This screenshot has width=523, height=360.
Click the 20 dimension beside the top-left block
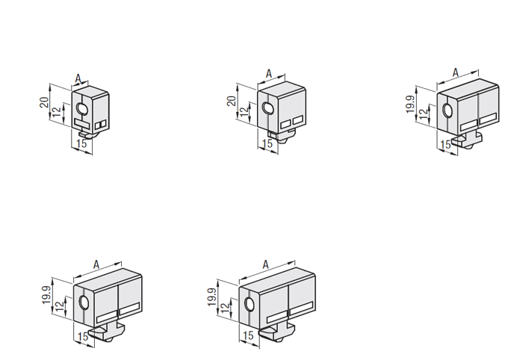pos(44,102)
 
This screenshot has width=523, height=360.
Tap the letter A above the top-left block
pos(78,78)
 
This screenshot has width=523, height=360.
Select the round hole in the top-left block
pos(81,108)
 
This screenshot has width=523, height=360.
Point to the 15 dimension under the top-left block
pos(81,143)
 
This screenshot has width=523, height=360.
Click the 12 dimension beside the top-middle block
pos(244,111)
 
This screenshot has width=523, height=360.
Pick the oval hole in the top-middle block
pos(267,108)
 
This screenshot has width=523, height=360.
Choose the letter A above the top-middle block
pos(269,74)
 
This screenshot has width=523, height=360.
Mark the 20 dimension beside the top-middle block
pos(232,101)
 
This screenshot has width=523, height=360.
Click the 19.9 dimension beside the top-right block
pos(411,104)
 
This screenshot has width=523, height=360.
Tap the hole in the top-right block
pos(447,111)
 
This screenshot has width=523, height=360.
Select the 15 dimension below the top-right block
pos(445,145)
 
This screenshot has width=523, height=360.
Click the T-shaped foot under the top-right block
pos(467,140)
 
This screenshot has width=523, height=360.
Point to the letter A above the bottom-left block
pos(96,264)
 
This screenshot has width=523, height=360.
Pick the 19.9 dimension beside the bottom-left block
pos(46,295)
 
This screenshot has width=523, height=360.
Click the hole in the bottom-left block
pos(84,302)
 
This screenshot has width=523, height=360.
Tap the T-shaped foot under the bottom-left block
pos(107,332)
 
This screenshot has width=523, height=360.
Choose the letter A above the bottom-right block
pos(265,264)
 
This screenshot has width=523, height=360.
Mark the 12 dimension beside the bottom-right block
pos(226,307)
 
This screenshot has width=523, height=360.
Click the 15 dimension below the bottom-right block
pos(248,335)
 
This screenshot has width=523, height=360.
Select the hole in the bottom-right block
pos(249,304)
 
